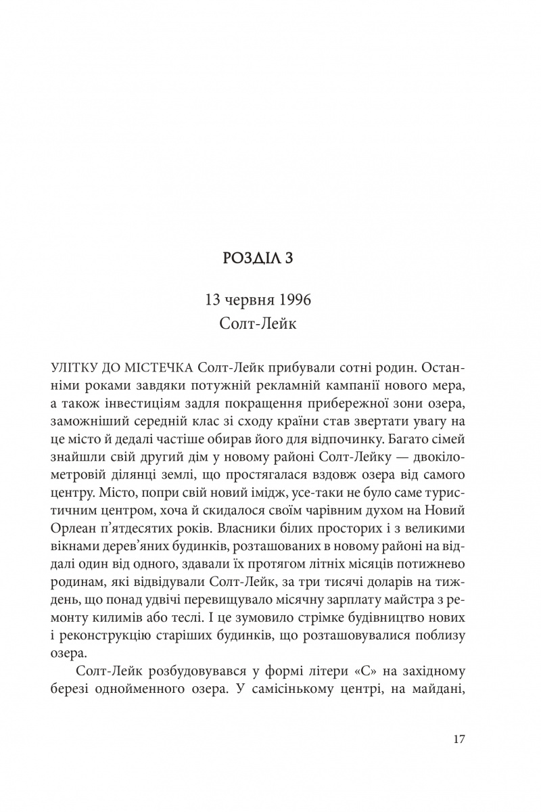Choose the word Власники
[x=277, y=508]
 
